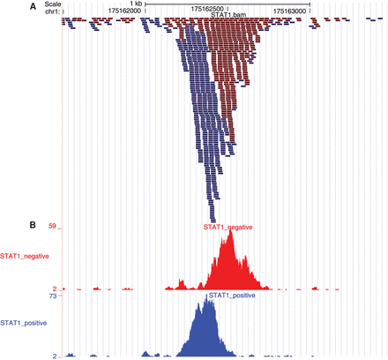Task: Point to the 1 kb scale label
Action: [x=135, y=4]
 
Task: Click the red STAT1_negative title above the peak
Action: [x=228, y=227]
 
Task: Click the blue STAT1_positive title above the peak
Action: [x=230, y=296]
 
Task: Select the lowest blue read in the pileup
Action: [x=212, y=220]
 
